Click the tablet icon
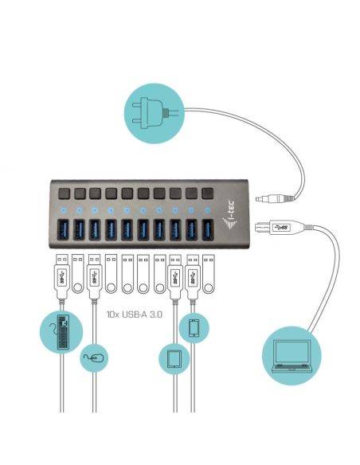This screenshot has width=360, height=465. (x=176, y=358)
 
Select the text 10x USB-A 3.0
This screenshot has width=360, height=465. (x=135, y=315)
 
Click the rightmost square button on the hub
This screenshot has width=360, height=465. (x=208, y=193)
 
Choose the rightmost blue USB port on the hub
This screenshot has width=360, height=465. (x=208, y=228)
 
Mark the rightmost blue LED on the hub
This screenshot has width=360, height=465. (x=208, y=210)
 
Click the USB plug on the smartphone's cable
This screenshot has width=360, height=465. (x=193, y=275)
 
